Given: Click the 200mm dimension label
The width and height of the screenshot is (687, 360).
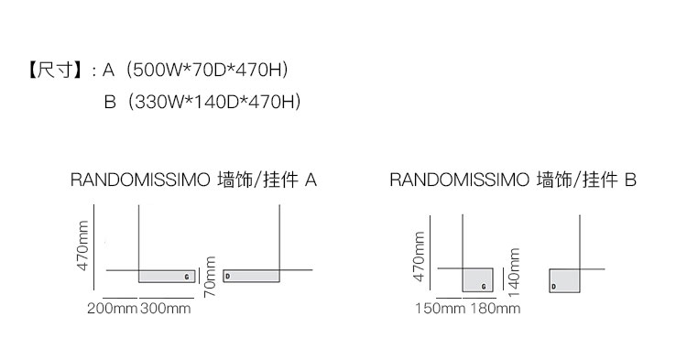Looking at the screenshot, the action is (112, 309).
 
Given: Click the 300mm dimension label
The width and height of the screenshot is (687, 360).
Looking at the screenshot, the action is (166, 309).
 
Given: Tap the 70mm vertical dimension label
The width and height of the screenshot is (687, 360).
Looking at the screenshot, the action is (210, 277).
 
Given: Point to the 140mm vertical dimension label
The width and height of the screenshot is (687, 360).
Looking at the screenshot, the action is (515, 272).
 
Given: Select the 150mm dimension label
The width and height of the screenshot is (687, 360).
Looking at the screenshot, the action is (440, 309).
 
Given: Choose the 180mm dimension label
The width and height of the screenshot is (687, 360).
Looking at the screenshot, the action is (496, 309).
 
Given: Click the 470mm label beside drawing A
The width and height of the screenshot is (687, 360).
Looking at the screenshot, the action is (82, 245).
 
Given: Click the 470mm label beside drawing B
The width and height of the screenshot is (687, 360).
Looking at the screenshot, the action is (419, 256).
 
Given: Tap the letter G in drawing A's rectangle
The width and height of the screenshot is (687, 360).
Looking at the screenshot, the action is (187, 277).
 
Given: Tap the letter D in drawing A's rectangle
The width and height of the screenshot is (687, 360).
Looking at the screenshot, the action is (228, 277).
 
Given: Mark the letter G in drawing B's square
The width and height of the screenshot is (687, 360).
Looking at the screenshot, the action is (484, 287).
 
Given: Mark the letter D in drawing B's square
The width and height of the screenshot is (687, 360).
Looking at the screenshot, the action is (554, 287).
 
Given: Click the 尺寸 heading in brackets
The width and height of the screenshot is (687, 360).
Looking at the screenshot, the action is (55, 70).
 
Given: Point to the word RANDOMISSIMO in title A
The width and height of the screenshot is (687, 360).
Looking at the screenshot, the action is (140, 180).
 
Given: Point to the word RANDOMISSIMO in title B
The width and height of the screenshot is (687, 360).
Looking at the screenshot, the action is (460, 180).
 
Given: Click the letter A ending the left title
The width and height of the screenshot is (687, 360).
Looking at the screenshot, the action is (311, 180).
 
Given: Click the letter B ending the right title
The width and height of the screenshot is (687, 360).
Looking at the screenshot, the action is (630, 180).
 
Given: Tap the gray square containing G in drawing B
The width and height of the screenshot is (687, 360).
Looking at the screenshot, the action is (478, 280).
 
